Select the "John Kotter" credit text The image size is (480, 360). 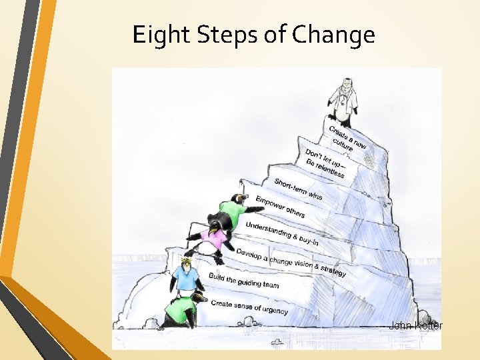coord(415,325)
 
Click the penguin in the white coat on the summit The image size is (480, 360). coord(343,103)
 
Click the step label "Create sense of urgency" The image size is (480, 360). coord(249,307)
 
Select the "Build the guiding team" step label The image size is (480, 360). coord(244,281)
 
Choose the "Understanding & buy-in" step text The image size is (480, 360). coord(281,234)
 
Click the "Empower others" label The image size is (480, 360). coord(280,207)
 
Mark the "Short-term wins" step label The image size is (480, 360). coord(298,189)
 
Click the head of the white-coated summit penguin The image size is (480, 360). coord(345,86)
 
